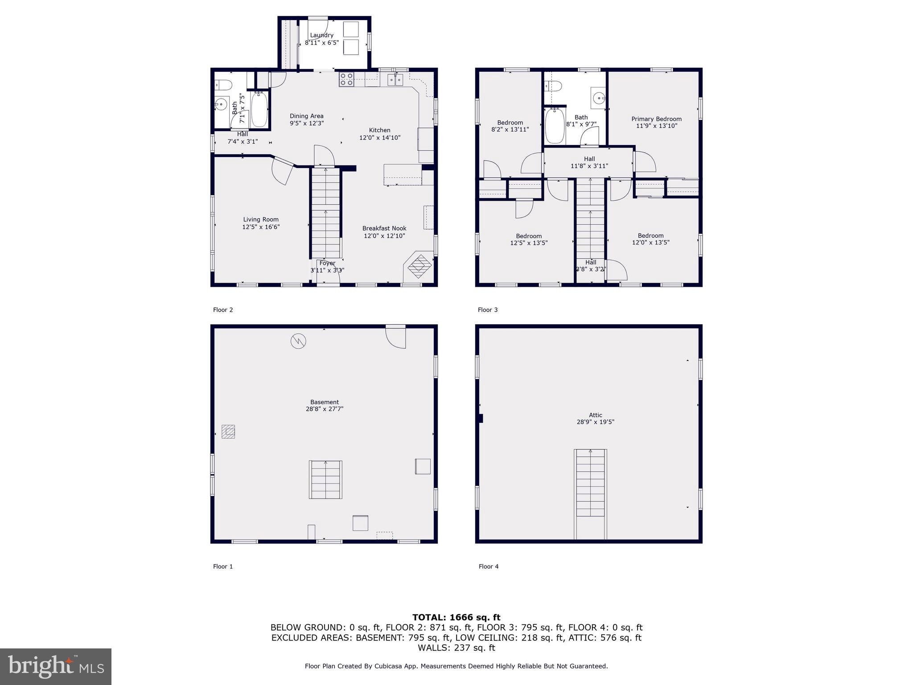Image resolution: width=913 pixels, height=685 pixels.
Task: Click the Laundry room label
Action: (x=321, y=35)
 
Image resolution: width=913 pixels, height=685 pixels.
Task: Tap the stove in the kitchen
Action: (x=346, y=79)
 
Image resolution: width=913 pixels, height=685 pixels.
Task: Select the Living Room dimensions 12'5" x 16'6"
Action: (x=261, y=227)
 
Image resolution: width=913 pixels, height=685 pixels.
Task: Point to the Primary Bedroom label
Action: (x=656, y=119)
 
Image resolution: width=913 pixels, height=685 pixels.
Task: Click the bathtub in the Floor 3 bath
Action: (x=555, y=126)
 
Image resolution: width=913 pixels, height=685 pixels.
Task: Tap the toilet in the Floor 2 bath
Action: (x=223, y=84)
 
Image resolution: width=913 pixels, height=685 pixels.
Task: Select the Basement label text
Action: (x=325, y=402)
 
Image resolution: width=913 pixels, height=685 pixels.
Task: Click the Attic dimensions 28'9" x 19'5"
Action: (x=595, y=422)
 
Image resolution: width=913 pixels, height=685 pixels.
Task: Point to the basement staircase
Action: (x=325, y=479)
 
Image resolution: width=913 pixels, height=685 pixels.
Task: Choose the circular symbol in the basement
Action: (x=298, y=341)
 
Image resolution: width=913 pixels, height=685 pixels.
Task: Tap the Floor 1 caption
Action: (x=223, y=566)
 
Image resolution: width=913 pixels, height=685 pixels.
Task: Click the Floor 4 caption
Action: (x=489, y=566)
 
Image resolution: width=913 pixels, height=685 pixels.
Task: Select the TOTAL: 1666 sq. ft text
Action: (x=456, y=617)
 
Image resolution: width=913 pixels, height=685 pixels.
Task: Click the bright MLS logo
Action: (x=56, y=666)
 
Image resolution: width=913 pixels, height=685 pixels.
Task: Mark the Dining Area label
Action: (x=307, y=116)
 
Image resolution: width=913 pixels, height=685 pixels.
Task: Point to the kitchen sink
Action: (x=395, y=80)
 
